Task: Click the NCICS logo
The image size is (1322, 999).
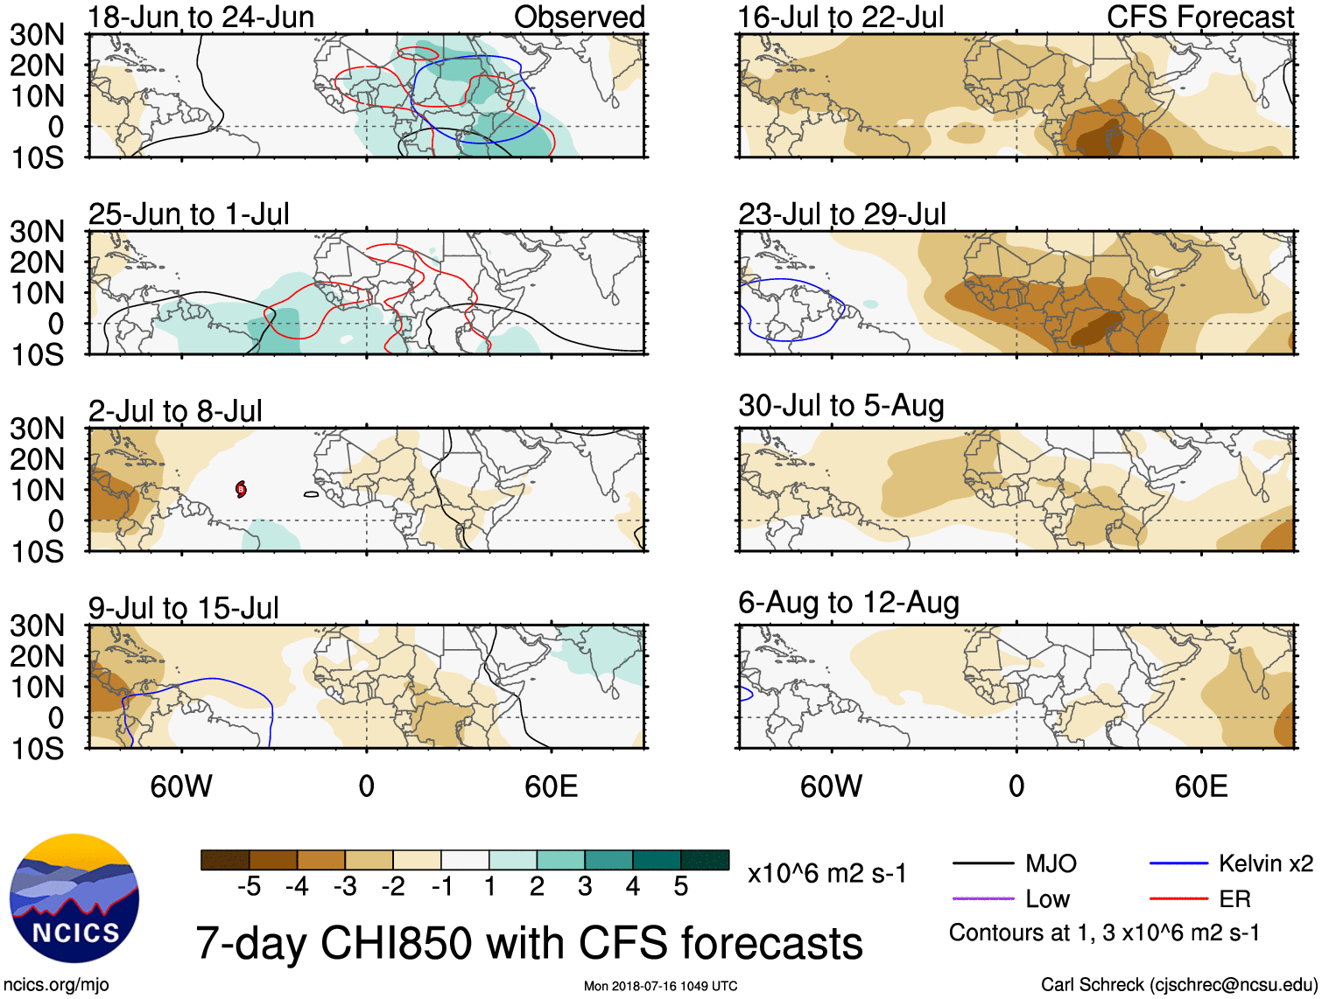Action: (74, 898)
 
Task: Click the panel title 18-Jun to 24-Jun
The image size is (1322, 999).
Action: (200, 17)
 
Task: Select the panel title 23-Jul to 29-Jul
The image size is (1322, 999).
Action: (841, 214)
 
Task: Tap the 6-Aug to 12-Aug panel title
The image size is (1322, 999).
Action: (848, 603)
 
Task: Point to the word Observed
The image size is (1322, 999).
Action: (579, 17)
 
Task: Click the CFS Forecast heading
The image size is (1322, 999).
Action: (1199, 17)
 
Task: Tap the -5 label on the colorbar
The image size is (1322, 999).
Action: (249, 887)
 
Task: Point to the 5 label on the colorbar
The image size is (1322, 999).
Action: (680, 887)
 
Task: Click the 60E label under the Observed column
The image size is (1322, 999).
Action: (551, 786)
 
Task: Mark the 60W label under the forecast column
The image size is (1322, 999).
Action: (831, 786)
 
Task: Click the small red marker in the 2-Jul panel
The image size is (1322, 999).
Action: (241, 489)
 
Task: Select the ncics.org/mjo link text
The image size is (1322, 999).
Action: (56, 985)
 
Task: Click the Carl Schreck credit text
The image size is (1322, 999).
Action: (1178, 985)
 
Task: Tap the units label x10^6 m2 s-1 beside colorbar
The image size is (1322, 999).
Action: (826, 874)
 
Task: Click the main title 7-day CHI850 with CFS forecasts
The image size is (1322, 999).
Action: (529, 943)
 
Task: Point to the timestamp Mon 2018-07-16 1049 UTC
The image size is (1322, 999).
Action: (660, 987)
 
